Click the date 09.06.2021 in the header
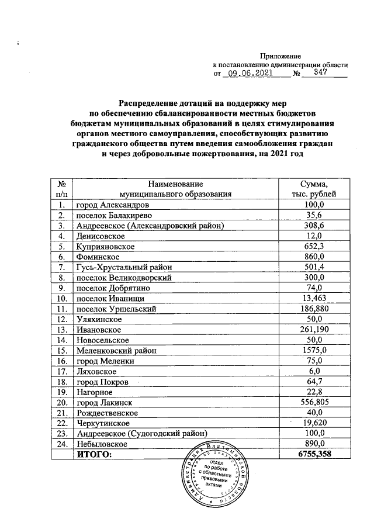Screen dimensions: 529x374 [x=250, y=74]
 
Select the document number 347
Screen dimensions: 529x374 [x=320, y=74]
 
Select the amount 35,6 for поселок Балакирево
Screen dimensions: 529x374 [x=316, y=216]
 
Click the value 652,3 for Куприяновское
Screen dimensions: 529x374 [x=316, y=247]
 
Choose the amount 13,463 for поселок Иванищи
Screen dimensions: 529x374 [x=316, y=299]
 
